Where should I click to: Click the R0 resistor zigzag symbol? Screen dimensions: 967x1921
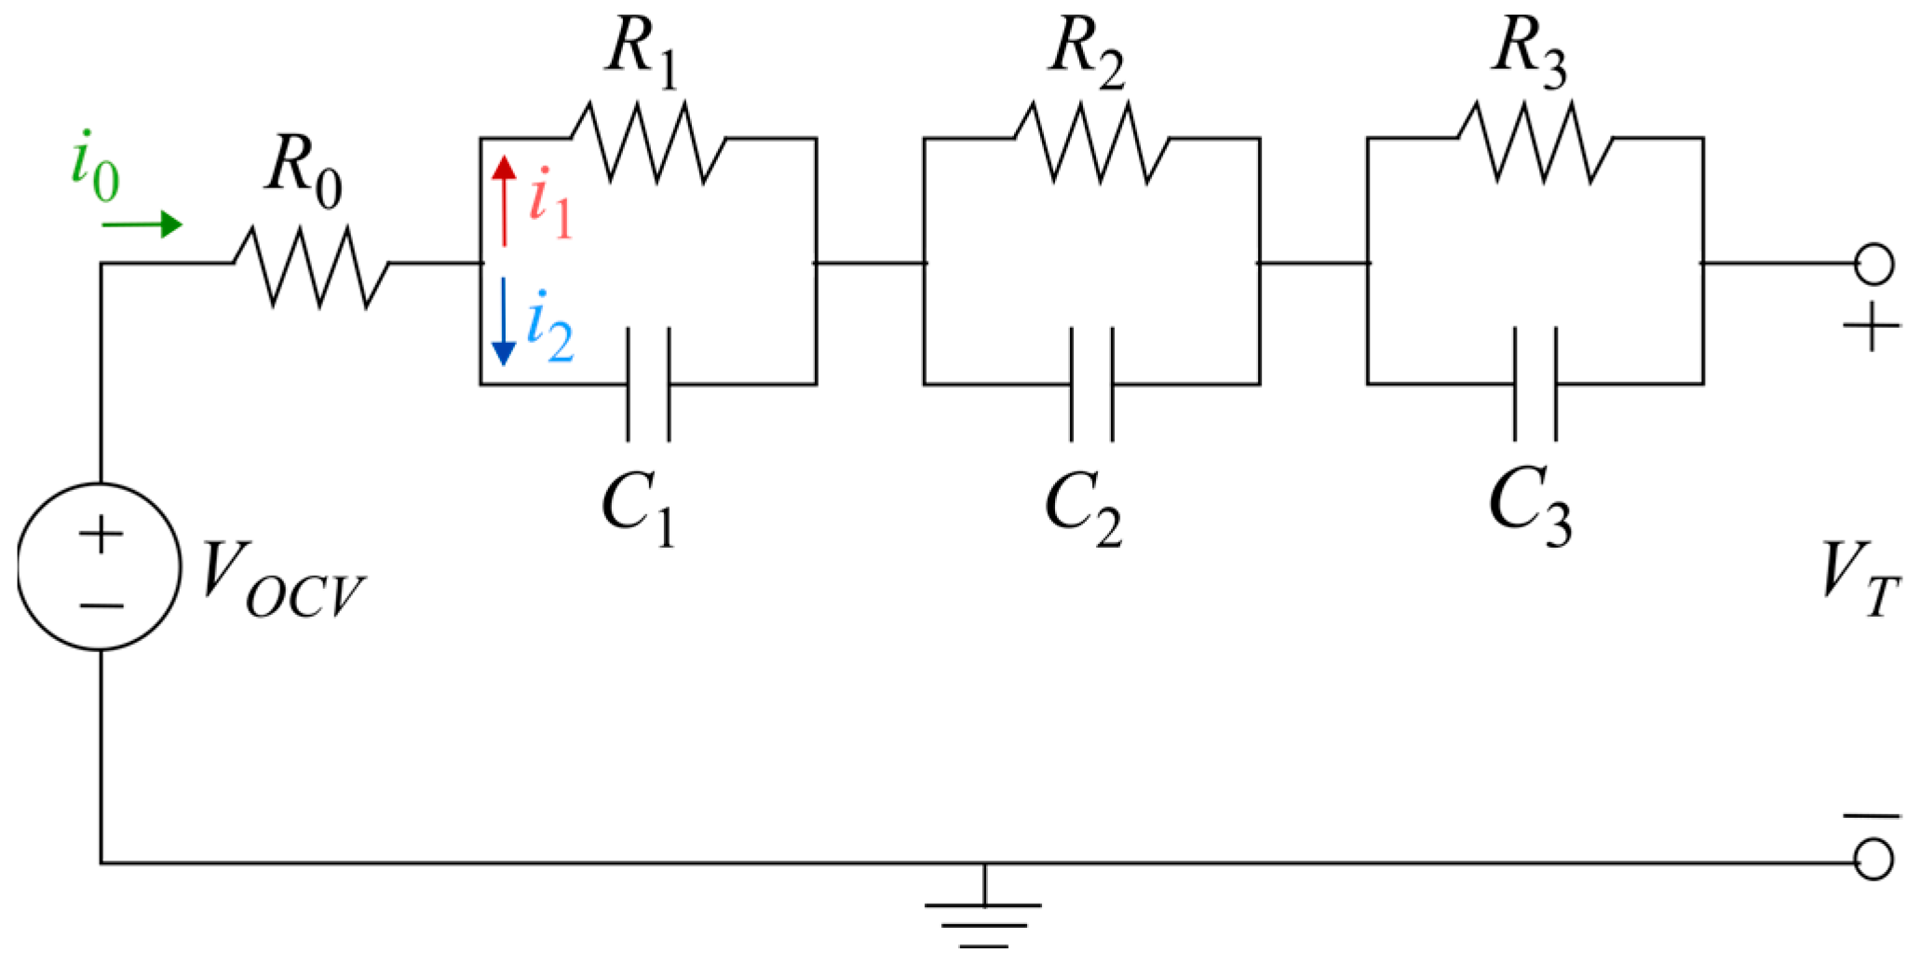pos(310,265)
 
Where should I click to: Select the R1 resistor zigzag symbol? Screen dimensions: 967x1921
pos(648,141)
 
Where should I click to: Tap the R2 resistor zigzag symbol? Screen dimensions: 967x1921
pos(1091,141)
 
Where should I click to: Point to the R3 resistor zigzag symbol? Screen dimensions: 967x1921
pos(1535,141)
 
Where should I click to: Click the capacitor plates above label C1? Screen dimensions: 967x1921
pos(648,384)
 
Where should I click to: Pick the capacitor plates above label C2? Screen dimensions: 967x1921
pos(1091,384)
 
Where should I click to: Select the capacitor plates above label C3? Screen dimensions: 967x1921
pos(1535,384)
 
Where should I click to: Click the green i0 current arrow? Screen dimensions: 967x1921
pos(142,225)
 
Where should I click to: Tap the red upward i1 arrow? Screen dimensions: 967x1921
pos(504,200)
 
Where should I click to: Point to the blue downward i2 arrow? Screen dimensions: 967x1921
pos(504,321)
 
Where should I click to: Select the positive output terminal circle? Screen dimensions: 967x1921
pos(1874,265)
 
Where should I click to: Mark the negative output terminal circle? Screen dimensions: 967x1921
pos(1874,859)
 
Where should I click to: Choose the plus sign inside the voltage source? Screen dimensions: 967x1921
pos(101,536)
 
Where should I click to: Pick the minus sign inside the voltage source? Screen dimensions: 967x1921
pos(101,606)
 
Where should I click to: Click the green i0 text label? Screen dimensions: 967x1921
pos(95,168)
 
